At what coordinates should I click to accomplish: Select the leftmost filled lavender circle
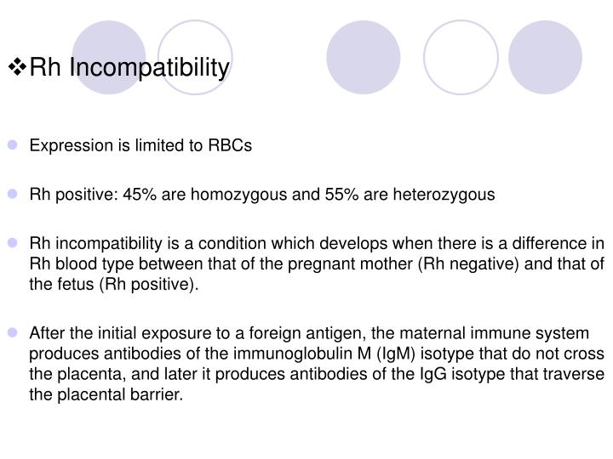point(109,56)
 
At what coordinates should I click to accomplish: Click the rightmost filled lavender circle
point(545,56)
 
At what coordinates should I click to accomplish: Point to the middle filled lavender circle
point(364,56)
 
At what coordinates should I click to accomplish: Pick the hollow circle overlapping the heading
point(195,56)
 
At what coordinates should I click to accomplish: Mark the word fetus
point(73,285)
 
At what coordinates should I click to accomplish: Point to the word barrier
point(158,394)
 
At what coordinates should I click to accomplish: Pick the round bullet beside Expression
point(18,145)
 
